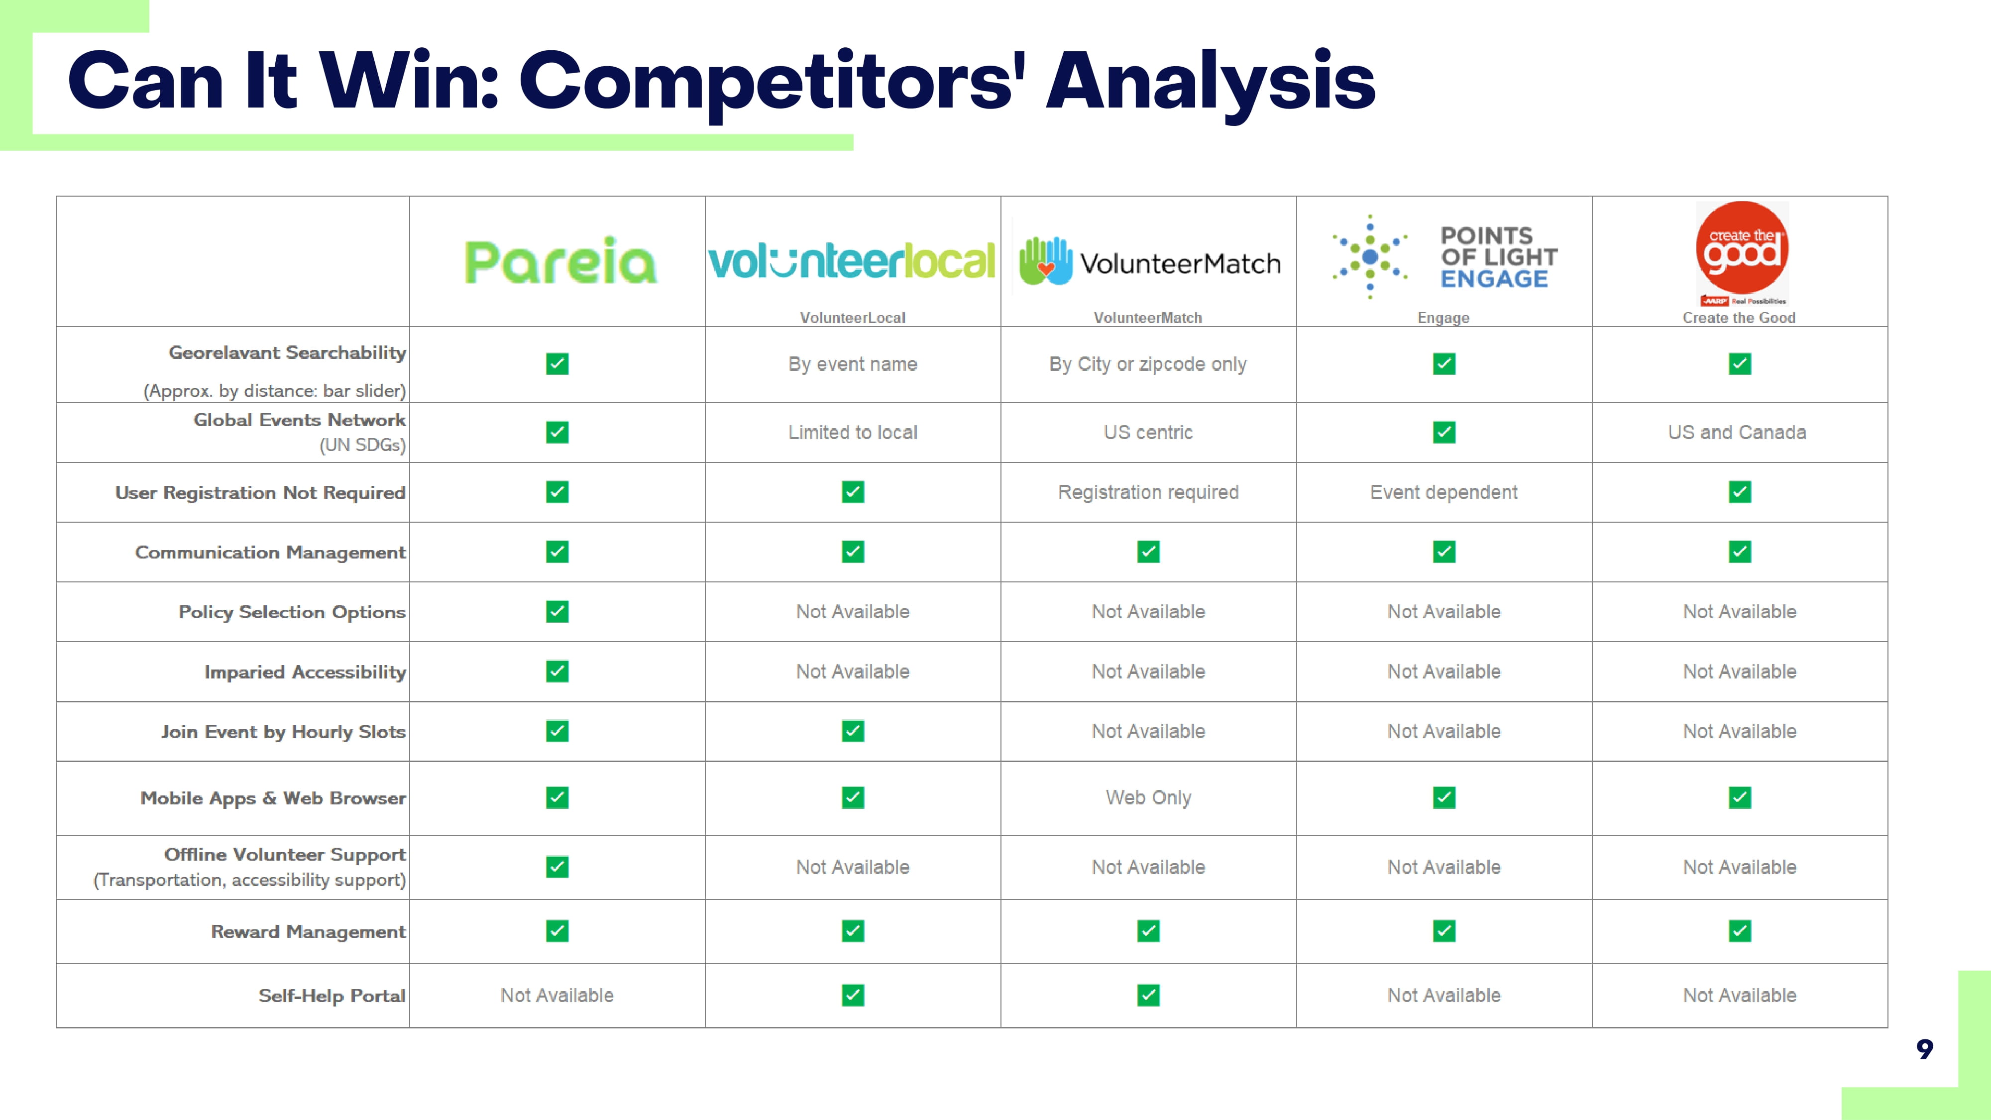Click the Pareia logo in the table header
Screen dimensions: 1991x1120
[560, 261]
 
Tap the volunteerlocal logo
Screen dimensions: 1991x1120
[853, 261]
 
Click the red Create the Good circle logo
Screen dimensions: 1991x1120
[1742, 248]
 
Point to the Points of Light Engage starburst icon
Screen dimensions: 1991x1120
[1370, 257]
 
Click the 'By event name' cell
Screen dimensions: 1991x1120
[853, 364]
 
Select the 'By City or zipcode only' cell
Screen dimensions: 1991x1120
[1148, 364]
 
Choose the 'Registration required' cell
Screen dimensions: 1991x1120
[1148, 492]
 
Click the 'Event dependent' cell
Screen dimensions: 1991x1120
[1444, 492]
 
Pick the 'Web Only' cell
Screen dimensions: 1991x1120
[1148, 797]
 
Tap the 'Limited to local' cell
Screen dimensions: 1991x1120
[853, 432]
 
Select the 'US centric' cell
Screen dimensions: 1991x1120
[1148, 432]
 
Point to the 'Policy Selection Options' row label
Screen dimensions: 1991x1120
[291, 612]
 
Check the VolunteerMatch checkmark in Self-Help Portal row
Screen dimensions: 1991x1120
[1148, 996]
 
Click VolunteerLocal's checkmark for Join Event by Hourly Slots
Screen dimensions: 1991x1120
[853, 731]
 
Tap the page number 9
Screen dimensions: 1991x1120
[1924, 1049]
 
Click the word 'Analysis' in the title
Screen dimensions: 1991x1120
[1211, 80]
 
